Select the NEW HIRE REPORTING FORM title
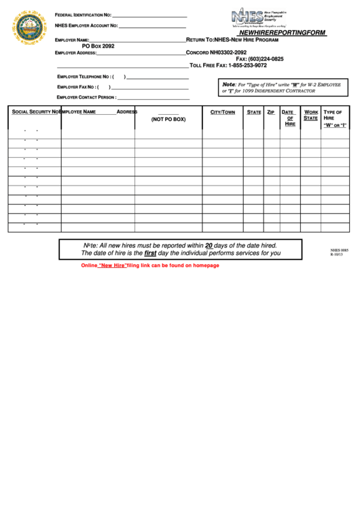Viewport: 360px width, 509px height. [x=282, y=33]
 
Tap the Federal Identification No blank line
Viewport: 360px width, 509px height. [x=149, y=16]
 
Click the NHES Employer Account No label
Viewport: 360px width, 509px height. [x=86, y=26]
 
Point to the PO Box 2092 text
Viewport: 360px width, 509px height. [x=98, y=46]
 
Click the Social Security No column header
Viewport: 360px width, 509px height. [x=35, y=111]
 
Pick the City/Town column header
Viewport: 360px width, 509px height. [x=222, y=112]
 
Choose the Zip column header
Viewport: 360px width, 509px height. [x=270, y=112]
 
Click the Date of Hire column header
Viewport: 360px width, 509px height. [x=289, y=118]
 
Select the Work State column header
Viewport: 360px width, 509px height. [x=310, y=115]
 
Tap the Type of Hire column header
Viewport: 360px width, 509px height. [x=334, y=118]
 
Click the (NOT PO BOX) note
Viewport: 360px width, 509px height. [x=168, y=119]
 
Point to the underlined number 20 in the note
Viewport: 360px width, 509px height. [x=209, y=245]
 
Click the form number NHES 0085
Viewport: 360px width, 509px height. [x=339, y=250]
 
